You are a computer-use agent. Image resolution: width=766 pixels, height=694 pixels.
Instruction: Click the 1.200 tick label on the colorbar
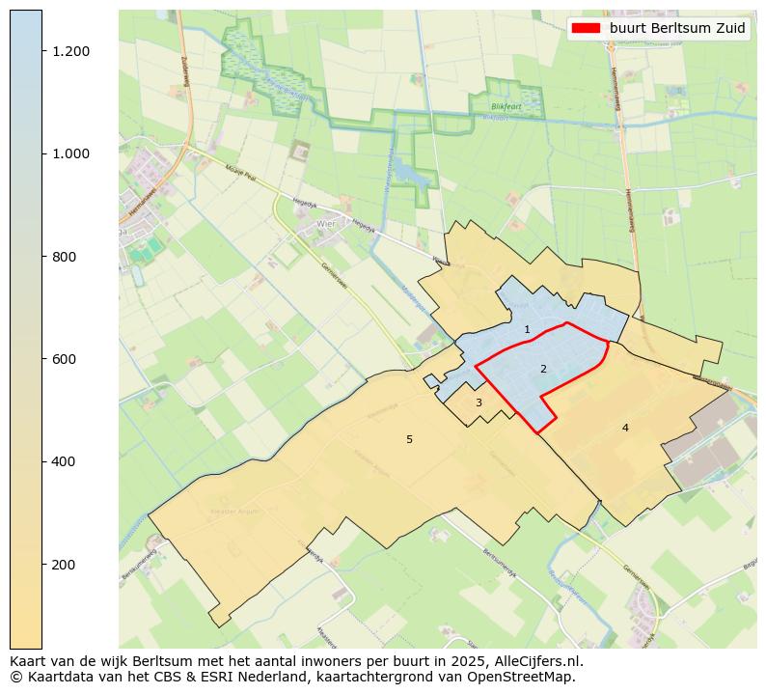tap(71, 51)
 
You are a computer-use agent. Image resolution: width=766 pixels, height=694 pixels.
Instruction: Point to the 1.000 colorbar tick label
tap(71, 153)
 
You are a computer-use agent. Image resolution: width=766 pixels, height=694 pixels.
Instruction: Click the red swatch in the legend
tap(587, 28)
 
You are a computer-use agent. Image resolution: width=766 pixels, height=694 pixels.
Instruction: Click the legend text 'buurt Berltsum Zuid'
tap(677, 28)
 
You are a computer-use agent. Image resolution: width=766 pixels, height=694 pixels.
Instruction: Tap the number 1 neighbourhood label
tap(527, 330)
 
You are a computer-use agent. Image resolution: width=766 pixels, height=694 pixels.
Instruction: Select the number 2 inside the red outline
tap(543, 369)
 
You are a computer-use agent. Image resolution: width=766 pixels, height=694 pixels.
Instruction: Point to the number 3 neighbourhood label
tap(479, 403)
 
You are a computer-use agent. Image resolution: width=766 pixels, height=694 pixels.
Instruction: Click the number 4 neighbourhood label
tap(625, 428)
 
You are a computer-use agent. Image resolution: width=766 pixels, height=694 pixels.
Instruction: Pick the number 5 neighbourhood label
tap(409, 439)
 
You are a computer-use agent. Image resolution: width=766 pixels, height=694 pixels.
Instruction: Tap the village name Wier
tap(324, 224)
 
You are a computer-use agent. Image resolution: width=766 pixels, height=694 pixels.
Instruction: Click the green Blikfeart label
tap(506, 107)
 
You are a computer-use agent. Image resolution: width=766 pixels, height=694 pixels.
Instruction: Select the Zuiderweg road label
tap(186, 69)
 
